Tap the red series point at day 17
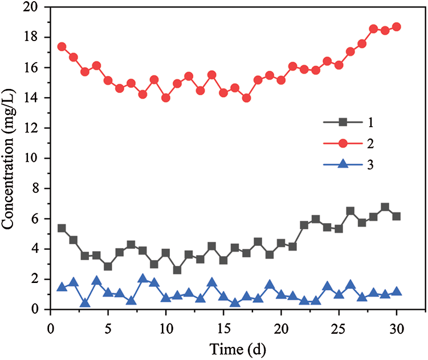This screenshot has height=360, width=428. pyautogui.click(x=246, y=98)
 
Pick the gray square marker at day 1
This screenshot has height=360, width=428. pyautogui.click(x=62, y=228)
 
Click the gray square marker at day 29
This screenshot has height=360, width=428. pyautogui.click(x=385, y=207)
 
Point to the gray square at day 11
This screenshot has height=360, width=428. pyautogui.click(x=177, y=270)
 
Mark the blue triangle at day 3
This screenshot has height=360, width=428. pyautogui.click(x=85, y=302)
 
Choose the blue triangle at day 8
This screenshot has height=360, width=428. pyautogui.click(x=142, y=278)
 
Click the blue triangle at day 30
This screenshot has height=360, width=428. pyautogui.click(x=397, y=291)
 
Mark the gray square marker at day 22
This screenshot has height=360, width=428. pyautogui.click(x=304, y=225)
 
